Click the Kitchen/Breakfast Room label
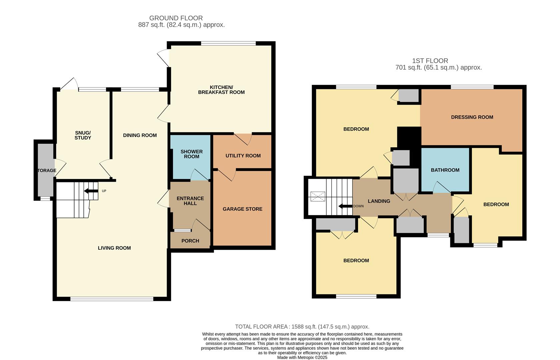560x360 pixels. point(221,90)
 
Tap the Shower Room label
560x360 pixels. point(192,154)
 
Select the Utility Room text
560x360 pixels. point(243,156)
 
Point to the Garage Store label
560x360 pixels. point(242,209)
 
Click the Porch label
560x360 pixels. point(190,241)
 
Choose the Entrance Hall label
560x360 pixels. point(190,201)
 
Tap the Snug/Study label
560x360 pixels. point(83,135)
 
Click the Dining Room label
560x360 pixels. point(140,135)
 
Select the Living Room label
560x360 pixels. point(114,248)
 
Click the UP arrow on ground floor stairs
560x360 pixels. point(91,191)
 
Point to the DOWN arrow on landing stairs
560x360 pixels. point(345,206)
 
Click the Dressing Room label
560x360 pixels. point(472,117)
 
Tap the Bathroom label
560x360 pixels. point(445,170)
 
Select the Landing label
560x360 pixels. point(379,201)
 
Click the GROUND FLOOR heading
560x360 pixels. point(176,18)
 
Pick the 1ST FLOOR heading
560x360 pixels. point(430,61)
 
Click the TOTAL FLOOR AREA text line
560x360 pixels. point(302,327)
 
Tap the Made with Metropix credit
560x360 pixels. point(302,357)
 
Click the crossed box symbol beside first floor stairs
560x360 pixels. point(317,197)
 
